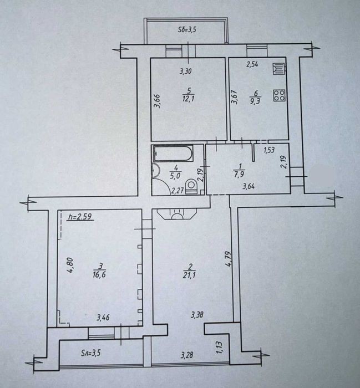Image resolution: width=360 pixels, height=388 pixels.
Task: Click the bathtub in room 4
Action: tap(173, 154)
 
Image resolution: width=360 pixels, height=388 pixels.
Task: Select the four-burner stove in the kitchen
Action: tap(279, 95)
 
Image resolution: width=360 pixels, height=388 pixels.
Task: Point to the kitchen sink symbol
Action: tap(279, 69)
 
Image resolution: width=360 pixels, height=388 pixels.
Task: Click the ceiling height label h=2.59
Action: tap(80, 217)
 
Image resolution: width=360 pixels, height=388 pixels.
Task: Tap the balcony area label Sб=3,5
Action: tap(187, 30)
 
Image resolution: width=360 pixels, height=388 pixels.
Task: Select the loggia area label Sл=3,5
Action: tap(90, 353)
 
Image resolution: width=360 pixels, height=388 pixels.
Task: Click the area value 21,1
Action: tap(189, 275)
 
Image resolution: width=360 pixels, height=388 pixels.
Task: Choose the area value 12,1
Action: tap(189, 99)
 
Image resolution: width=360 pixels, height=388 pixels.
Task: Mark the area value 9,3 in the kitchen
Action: tap(256, 101)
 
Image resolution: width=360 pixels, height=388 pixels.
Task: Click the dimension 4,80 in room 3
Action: tap(70, 265)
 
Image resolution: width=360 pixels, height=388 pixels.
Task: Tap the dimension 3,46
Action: tap(104, 317)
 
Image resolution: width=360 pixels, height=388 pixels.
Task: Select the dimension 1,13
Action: tap(219, 347)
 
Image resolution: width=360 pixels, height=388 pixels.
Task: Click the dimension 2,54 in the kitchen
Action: tap(252, 65)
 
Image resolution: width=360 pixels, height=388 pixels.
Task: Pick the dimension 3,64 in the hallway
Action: tap(249, 187)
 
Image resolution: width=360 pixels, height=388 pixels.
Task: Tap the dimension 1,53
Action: tap(270, 150)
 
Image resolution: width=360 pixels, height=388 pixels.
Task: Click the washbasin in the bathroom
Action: tap(156, 171)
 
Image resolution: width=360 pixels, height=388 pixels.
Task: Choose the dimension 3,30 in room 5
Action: tap(186, 72)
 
